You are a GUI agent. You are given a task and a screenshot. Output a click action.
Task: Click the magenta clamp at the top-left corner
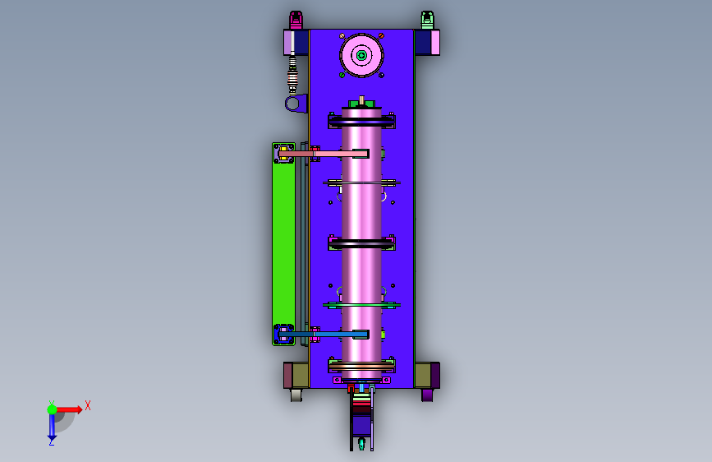(x=296, y=20)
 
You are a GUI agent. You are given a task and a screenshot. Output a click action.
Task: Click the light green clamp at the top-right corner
(x=427, y=20)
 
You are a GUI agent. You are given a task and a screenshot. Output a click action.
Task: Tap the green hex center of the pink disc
(x=361, y=55)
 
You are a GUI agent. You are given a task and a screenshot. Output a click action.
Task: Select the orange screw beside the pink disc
(x=381, y=35)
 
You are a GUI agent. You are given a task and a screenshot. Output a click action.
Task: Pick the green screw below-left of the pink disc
(x=342, y=75)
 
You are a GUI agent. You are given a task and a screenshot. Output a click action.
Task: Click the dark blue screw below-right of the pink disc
(x=381, y=75)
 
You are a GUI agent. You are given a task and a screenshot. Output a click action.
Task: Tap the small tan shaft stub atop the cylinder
(x=361, y=100)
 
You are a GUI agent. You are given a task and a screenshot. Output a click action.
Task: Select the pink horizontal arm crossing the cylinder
(x=324, y=155)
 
